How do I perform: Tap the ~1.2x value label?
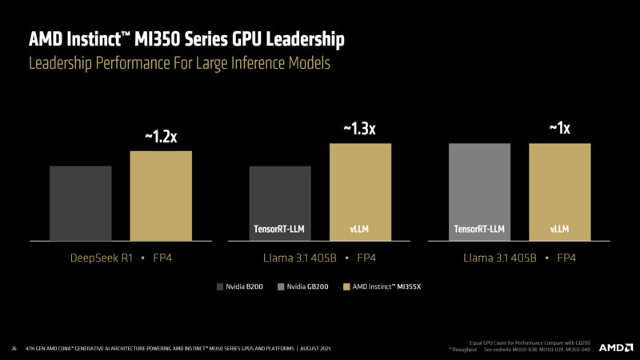pos(161,137)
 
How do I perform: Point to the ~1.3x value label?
pos(360,130)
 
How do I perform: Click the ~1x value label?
pos(559,128)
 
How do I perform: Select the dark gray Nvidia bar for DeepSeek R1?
pos(79,203)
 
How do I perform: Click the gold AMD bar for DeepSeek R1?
pos(161,196)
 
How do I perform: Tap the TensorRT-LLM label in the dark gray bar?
pos(279,230)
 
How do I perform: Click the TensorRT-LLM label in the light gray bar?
pos(479,230)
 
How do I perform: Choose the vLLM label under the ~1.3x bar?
pos(360,230)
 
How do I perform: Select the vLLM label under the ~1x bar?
pos(559,230)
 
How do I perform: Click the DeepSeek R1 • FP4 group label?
pos(121,258)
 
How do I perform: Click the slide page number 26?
pos(14,348)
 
